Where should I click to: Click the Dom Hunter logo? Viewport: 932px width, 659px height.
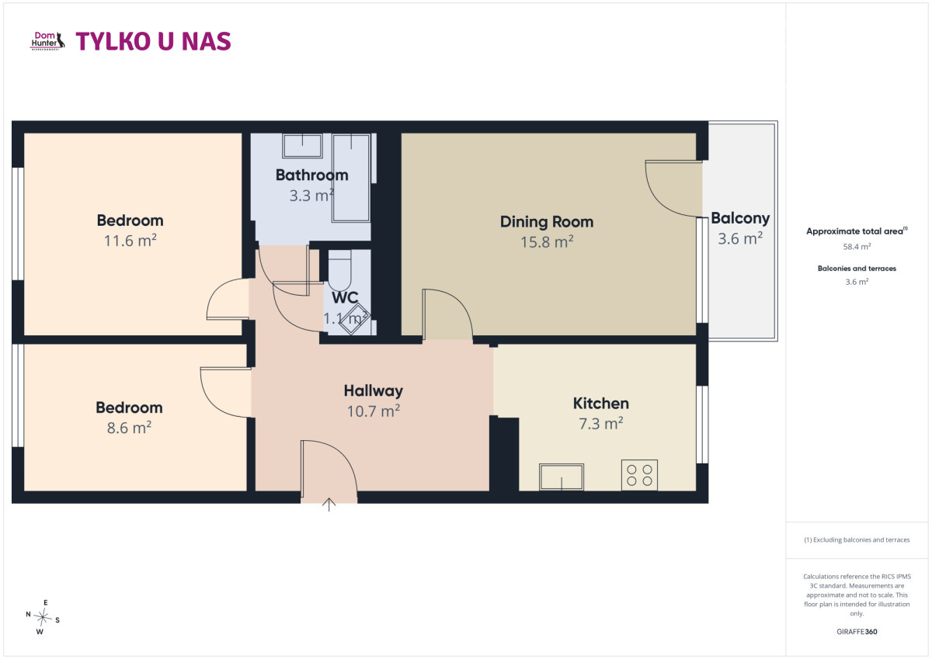47,41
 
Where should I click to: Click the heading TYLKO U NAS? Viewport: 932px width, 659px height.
153,42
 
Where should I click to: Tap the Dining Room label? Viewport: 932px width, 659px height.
547,222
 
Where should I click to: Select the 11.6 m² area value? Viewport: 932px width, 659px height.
130,241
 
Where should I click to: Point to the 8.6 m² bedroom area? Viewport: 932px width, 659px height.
129,428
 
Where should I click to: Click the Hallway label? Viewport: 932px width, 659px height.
374,391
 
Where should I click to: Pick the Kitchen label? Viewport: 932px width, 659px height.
601,404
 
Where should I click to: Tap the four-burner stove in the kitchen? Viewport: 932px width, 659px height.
639,475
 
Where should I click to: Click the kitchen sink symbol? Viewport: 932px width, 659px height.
562,477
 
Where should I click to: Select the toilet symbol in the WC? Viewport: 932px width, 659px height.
340,270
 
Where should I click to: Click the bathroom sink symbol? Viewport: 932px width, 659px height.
302,145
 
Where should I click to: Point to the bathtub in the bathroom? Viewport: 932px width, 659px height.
351,178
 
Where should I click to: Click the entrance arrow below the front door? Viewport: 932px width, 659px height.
329,505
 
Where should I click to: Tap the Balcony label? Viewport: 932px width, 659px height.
740,219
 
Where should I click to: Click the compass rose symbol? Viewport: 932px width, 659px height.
43,617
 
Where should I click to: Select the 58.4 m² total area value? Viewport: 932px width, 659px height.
857,247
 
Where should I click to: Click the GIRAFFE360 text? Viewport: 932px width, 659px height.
857,632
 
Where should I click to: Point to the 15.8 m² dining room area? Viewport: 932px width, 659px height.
547,242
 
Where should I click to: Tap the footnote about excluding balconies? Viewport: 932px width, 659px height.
857,539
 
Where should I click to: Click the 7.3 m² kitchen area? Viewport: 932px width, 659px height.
601,424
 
